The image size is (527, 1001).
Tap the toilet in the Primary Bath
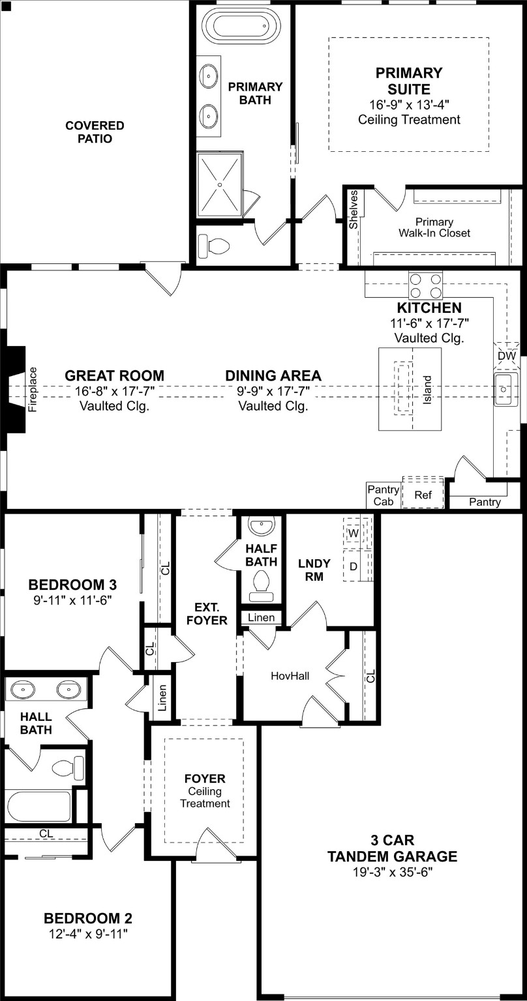(216, 245)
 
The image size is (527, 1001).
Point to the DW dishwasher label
(506, 356)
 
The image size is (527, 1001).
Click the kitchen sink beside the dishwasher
(505, 389)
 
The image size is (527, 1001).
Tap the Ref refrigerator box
(423, 495)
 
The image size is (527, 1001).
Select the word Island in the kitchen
(427, 389)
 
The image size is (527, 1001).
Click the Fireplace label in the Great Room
(33, 389)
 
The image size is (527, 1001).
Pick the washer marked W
(354, 533)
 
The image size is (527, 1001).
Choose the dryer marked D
(354, 566)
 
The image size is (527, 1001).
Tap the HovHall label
(290, 676)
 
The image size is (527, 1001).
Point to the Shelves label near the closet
(354, 209)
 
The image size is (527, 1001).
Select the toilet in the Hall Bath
(68, 767)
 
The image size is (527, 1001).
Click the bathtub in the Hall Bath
(39, 806)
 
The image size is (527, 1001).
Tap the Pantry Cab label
(383, 495)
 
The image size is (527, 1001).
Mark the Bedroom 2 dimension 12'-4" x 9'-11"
(88, 934)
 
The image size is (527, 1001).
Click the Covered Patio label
(95, 132)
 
